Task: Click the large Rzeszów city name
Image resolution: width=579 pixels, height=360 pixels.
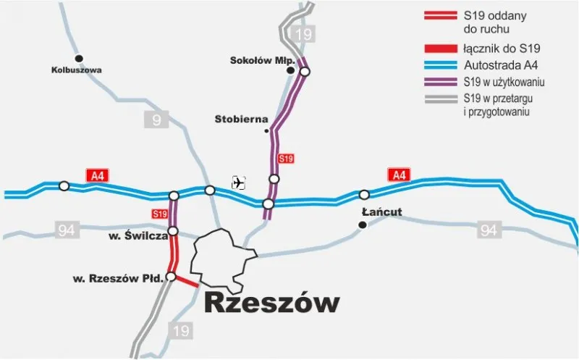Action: click(271, 304)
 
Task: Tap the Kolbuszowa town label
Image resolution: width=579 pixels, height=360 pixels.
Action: click(76, 70)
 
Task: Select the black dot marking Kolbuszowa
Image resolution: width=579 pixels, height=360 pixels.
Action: click(80, 58)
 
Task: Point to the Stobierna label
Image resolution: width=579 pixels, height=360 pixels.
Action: click(241, 118)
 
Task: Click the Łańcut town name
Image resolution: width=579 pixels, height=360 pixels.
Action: click(381, 212)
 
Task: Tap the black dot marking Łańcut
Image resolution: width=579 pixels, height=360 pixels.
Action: click(362, 225)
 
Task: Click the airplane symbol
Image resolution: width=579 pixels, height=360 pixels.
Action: click(239, 183)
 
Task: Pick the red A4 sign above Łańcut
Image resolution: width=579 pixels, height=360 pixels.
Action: click(399, 175)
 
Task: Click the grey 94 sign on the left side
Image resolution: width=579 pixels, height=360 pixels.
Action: click(67, 231)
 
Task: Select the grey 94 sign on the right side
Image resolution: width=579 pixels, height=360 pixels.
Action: click(489, 231)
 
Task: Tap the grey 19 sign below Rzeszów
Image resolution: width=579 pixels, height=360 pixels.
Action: click(182, 330)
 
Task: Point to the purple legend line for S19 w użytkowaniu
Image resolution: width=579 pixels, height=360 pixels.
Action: click(439, 83)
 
